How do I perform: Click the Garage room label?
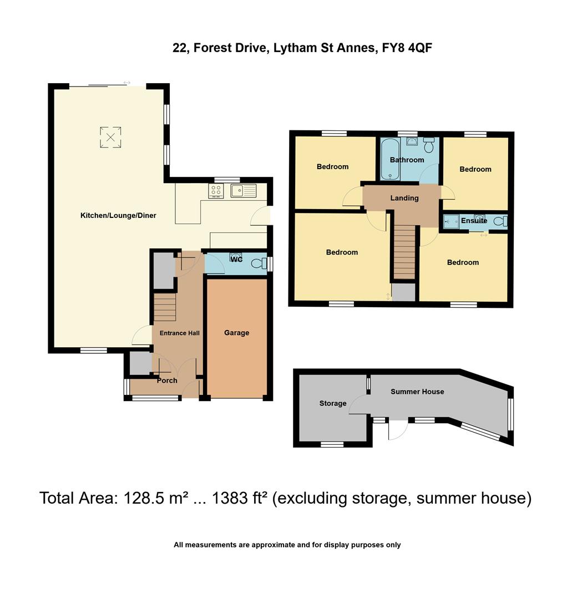pyautogui.click(x=236, y=333)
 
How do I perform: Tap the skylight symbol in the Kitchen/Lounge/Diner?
pyautogui.click(x=110, y=137)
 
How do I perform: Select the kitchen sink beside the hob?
pyautogui.click(x=243, y=191)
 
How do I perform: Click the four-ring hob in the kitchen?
pyautogui.click(x=216, y=191)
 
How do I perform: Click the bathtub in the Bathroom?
pyautogui.click(x=390, y=159)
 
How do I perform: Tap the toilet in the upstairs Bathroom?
pyautogui.click(x=428, y=145)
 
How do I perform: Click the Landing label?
pyautogui.click(x=404, y=198)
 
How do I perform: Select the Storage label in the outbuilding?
pyautogui.click(x=333, y=403)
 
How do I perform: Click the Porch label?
pyautogui.click(x=167, y=380)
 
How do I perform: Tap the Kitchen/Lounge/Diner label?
pyautogui.click(x=118, y=215)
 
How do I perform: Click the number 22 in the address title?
pyautogui.click(x=179, y=48)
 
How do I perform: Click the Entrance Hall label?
pyautogui.click(x=179, y=333)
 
